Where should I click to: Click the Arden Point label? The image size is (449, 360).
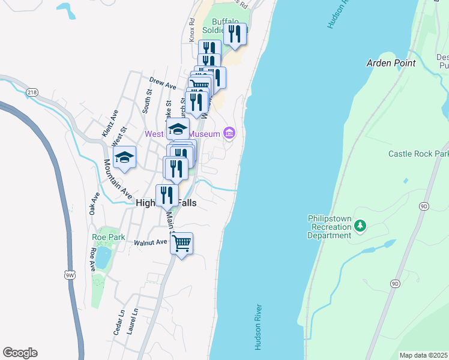point(391,63)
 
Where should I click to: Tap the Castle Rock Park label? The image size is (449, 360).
point(418,154)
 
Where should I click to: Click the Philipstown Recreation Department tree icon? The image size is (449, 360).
point(360,226)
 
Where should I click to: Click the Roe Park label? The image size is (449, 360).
point(109,237)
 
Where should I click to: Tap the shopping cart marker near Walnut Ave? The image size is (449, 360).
point(181,244)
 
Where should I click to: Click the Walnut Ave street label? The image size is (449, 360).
point(150,242)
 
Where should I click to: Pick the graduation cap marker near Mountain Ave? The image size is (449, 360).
point(124,158)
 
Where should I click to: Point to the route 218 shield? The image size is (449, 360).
point(32,92)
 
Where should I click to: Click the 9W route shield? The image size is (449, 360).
point(70,274)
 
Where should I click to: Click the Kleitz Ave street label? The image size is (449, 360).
point(111,122)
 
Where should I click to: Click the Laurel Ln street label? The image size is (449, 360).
point(133,321)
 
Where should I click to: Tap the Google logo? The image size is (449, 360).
point(20,353)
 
